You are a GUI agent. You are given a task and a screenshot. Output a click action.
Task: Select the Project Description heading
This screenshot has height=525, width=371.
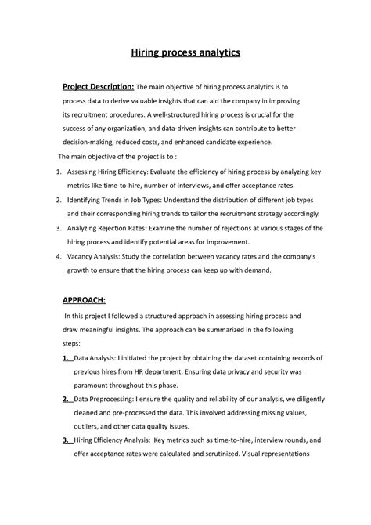click(x=99, y=86)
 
